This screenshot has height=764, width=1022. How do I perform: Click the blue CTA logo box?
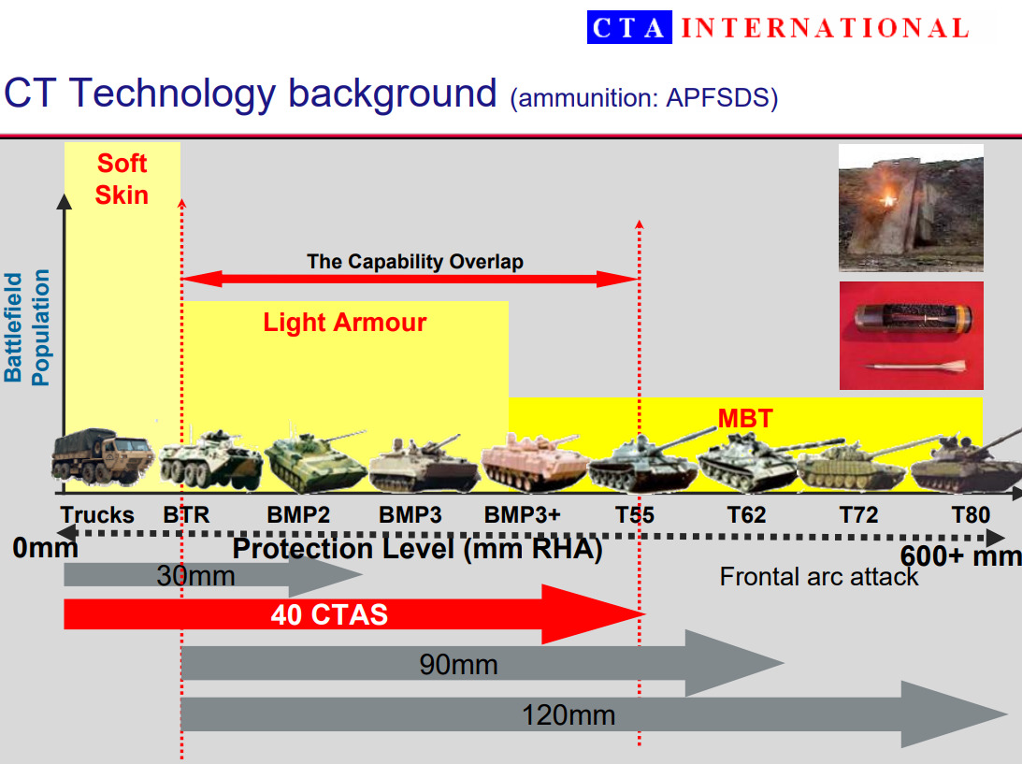click(x=629, y=27)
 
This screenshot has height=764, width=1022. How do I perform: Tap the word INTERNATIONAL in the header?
click(x=825, y=28)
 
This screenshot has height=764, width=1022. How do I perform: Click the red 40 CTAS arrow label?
click(x=329, y=614)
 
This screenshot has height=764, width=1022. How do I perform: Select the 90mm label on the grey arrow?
click(x=458, y=664)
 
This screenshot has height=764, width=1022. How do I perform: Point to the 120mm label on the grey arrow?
click(x=569, y=715)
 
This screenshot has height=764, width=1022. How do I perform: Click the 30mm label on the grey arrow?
click(x=195, y=576)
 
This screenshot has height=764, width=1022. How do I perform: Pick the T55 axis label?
click(x=635, y=515)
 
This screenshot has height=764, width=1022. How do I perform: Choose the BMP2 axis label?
click(x=298, y=515)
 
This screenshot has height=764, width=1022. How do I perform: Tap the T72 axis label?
click(x=858, y=515)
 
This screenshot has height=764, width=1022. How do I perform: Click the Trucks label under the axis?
click(x=97, y=515)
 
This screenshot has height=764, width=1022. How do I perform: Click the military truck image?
click(x=102, y=456)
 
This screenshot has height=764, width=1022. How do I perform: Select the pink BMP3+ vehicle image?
click(x=533, y=462)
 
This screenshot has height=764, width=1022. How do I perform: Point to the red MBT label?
click(x=745, y=419)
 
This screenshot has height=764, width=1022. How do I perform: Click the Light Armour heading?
click(x=345, y=322)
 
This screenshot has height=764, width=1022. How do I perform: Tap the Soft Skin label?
click(x=122, y=180)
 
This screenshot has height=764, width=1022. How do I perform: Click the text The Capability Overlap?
click(x=415, y=262)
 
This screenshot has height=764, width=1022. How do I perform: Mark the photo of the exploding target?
click(x=911, y=208)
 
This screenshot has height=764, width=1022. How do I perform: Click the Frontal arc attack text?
click(x=819, y=576)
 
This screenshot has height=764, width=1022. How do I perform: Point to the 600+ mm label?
click(x=960, y=556)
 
